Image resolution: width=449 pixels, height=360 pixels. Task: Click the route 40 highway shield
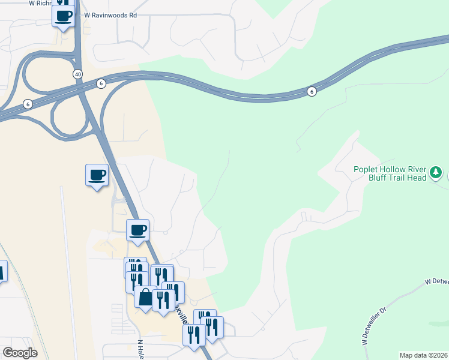pos(78,73)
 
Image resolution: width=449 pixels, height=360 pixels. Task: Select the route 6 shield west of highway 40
pos(28,104)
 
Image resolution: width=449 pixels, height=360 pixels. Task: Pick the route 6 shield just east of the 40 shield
pos(100,83)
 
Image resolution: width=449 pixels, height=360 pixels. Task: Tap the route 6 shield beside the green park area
pos(311,91)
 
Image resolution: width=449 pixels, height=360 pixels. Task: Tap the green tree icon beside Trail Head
pos(437,173)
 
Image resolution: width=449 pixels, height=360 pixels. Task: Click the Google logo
pos(20,353)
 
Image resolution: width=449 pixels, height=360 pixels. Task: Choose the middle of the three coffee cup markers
pos(97,175)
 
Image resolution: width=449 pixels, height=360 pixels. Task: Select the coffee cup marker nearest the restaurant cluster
pos(138,230)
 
